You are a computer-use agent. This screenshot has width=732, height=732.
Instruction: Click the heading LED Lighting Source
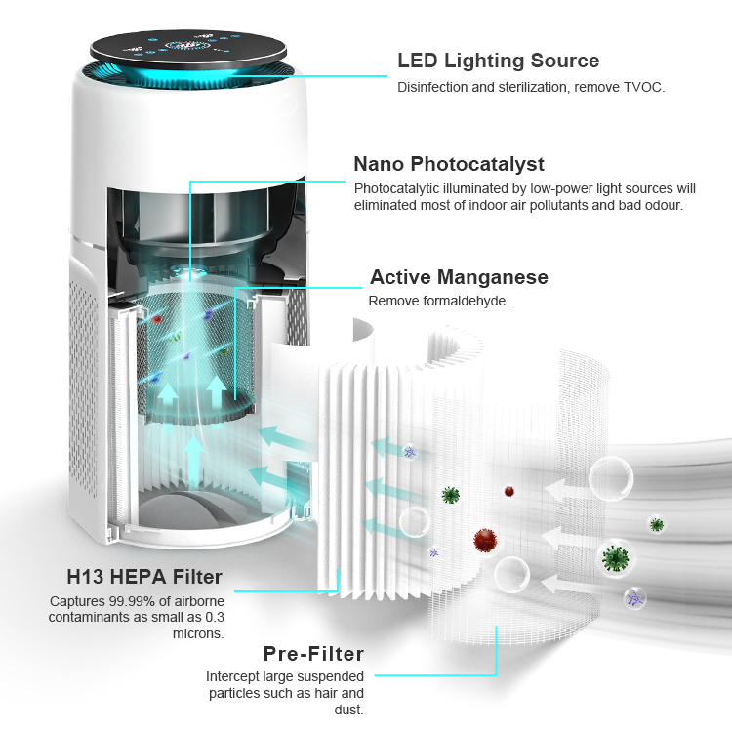click(498, 61)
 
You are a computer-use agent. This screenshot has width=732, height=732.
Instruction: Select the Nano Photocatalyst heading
click(449, 164)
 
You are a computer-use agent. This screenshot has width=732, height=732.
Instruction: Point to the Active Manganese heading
click(459, 277)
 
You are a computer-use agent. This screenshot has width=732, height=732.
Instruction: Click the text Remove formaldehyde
click(438, 302)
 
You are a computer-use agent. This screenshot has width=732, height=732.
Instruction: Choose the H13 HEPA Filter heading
click(144, 577)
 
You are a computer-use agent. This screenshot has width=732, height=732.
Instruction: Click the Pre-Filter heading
click(313, 654)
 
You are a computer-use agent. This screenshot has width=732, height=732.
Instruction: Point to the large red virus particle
click(485, 540)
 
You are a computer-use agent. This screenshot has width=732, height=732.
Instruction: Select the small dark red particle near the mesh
click(509, 492)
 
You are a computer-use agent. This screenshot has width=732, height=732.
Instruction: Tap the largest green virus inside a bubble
click(615, 558)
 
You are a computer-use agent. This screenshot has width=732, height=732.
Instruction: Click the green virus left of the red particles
click(451, 495)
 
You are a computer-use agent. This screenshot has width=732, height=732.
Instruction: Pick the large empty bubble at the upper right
click(611, 478)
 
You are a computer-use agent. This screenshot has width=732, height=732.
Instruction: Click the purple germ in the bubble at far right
click(635, 598)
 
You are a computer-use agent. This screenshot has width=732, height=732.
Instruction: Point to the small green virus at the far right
click(657, 525)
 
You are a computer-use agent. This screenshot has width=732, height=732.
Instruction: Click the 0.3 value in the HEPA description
click(215, 618)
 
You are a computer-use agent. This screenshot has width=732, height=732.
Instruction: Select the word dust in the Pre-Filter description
click(348, 711)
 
